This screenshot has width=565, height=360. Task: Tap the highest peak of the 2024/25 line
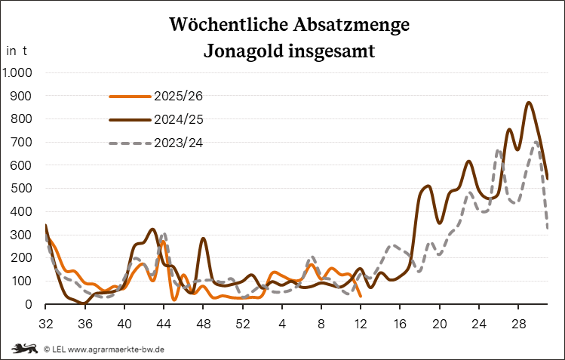529,103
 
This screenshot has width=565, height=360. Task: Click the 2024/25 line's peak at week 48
203,238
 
